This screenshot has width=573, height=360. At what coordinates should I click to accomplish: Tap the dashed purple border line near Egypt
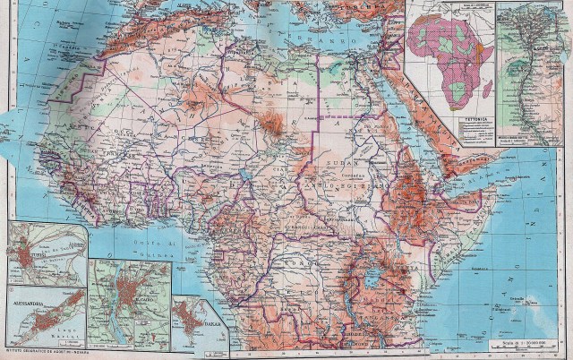tap(344, 116)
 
